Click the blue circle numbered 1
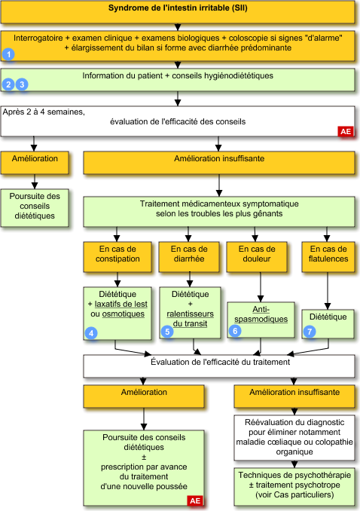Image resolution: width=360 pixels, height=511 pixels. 8,54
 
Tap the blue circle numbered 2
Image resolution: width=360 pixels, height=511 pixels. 8,84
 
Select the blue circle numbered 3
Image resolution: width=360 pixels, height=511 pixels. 22,84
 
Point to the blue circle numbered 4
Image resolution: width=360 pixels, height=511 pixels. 91,333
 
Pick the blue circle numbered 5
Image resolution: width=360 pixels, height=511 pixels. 167,332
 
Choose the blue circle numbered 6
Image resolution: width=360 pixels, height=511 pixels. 235,331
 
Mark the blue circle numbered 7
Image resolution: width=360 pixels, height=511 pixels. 310,332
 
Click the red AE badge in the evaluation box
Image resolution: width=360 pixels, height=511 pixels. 346,131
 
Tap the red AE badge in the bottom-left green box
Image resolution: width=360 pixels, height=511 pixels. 195,500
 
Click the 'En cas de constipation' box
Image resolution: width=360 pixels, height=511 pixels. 117,257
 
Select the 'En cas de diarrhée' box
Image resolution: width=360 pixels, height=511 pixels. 189,257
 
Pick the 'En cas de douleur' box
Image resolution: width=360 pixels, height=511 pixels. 257,257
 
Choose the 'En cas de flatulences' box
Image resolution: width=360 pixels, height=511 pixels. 328,257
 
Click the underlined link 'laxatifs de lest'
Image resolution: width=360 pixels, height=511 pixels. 121,304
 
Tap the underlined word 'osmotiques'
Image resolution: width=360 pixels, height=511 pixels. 124,314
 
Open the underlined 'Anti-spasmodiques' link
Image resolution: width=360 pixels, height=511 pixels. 261,314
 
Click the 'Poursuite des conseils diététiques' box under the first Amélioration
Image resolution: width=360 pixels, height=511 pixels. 35,208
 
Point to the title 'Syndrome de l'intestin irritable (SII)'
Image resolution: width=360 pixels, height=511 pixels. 178,8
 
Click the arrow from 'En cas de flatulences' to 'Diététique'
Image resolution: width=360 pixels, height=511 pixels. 328,291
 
